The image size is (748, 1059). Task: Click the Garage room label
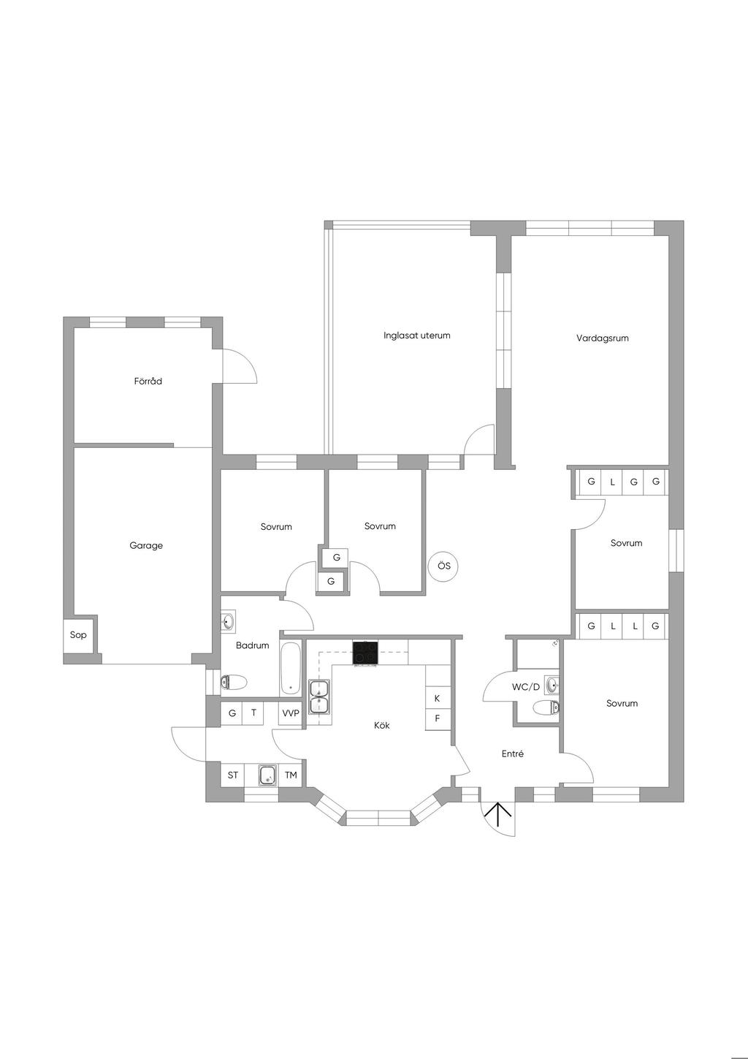point(146,545)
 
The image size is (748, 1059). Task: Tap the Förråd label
point(148,381)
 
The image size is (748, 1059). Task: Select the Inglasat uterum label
point(417,335)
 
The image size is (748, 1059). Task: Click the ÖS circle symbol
point(444,566)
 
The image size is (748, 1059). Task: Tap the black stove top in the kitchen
point(365,653)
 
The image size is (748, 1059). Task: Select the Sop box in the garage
point(78,635)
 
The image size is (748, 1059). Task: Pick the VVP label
point(291,713)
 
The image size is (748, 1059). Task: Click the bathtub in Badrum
point(290,668)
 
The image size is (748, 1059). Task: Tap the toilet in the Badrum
point(234,682)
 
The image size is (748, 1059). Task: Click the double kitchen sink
point(320,696)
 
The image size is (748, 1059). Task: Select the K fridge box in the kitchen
point(438,698)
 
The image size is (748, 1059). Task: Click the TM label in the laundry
point(291,775)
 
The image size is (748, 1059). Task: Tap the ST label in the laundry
point(233,775)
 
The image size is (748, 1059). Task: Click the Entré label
point(513,754)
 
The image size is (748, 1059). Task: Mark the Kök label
point(382,725)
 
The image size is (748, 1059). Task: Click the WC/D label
point(525,687)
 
